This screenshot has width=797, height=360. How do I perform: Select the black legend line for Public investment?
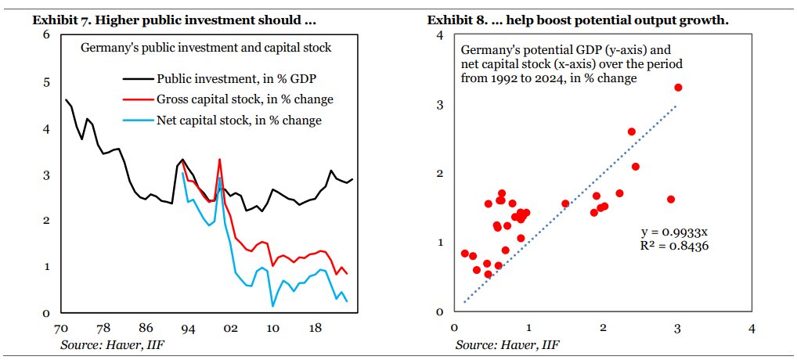point(137,78)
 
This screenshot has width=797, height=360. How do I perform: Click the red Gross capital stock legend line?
point(137,99)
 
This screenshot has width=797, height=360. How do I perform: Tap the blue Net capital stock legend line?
point(137,120)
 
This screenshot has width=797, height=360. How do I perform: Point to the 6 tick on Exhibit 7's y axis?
point(46,35)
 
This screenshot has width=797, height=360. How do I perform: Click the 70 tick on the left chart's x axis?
point(60,329)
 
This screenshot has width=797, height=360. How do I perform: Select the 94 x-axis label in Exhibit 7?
point(188,329)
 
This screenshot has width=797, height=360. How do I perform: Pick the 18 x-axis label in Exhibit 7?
point(316,329)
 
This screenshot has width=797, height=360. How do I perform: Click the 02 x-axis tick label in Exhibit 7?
point(231,329)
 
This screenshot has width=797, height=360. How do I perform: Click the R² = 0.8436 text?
point(675,246)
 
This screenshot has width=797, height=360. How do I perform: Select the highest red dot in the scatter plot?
point(678,88)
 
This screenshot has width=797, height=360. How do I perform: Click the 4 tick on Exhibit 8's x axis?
point(752,329)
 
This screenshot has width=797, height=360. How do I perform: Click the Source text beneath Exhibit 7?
point(109,344)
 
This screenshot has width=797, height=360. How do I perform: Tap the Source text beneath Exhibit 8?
point(508,344)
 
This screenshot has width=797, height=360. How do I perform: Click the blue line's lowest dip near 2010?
point(272,305)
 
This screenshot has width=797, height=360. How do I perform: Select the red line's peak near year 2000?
point(219,160)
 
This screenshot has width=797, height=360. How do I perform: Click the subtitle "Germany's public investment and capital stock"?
point(207,48)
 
